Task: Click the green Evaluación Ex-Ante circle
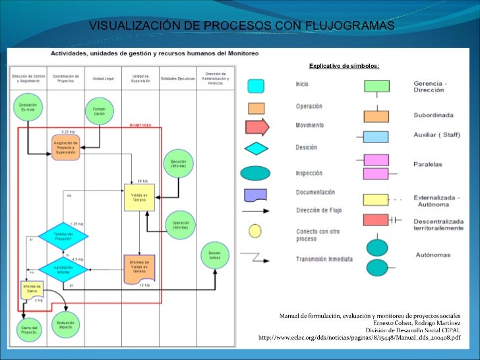pos(28,107)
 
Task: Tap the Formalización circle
pos(100,110)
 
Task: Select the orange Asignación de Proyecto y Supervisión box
pos(66,146)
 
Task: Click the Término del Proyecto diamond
pos(63,237)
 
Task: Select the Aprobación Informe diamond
pos(63,269)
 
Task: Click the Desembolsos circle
pos(214,255)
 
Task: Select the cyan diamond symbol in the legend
pos(255,148)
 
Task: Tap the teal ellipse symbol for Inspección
pos(256,173)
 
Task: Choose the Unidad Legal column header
pos(104,78)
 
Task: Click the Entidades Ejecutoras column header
pos(177,78)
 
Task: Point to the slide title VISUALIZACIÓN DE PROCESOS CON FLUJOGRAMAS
pos(241,26)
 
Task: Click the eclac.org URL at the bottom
pos(359,338)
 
